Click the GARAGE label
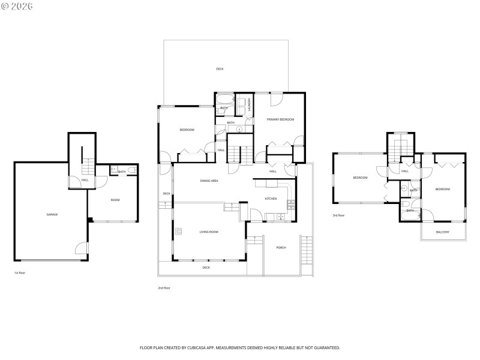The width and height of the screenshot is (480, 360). point(52,214)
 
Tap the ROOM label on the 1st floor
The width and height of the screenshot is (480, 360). point(115,200)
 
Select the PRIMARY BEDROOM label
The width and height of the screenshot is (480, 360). point(281,120)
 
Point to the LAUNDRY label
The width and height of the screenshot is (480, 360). point(249,104)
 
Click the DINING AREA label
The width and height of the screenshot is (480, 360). point(209,181)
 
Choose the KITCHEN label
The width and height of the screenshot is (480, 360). point(271,199)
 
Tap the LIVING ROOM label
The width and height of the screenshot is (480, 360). point(209,232)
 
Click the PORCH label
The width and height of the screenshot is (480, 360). point(281,247)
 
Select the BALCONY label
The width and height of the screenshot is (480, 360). point(443,232)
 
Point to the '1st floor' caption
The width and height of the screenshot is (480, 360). point(20,273)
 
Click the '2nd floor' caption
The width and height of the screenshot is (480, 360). point(164,288)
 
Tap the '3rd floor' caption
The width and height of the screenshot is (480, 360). point(338,215)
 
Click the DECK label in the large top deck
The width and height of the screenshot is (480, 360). point(220,69)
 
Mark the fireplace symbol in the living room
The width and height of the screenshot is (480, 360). point(178,230)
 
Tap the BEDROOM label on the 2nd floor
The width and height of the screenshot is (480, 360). point(187,130)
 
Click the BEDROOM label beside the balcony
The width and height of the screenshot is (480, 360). point(442,189)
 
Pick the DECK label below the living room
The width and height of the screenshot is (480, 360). point(206,268)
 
